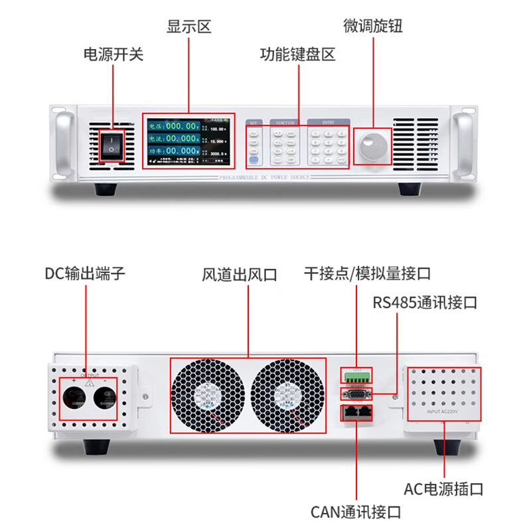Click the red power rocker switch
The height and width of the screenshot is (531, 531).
click(x=112, y=145)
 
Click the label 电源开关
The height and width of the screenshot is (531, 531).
click(x=113, y=54)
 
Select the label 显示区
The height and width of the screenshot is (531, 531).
click(x=189, y=27)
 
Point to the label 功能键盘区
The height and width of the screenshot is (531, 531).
click(x=297, y=54)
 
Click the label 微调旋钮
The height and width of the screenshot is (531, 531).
click(x=373, y=26)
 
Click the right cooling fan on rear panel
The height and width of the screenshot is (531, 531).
click(x=289, y=395)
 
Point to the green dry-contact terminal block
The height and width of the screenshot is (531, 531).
click(x=356, y=376)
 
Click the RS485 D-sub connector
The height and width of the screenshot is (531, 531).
click(x=356, y=394)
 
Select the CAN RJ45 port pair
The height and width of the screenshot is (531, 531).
click(x=356, y=413)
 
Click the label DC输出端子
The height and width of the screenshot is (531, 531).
click(x=85, y=273)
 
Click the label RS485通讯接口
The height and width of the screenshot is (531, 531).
click(x=425, y=303)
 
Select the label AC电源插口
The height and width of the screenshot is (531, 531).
click(x=443, y=490)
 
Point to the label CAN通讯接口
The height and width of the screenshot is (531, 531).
click(x=356, y=512)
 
